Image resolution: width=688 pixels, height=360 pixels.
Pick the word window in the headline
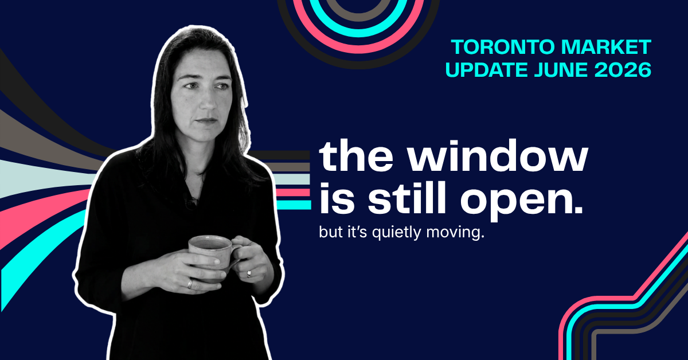[x=498, y=156]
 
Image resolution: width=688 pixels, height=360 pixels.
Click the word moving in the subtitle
[x=455, y=233]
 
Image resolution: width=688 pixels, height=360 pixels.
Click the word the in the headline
[x=356, y=156]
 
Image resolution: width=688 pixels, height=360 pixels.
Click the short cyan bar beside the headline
[x=294, y=205]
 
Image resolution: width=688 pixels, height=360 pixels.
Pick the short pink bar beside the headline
[x=293, y=193]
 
